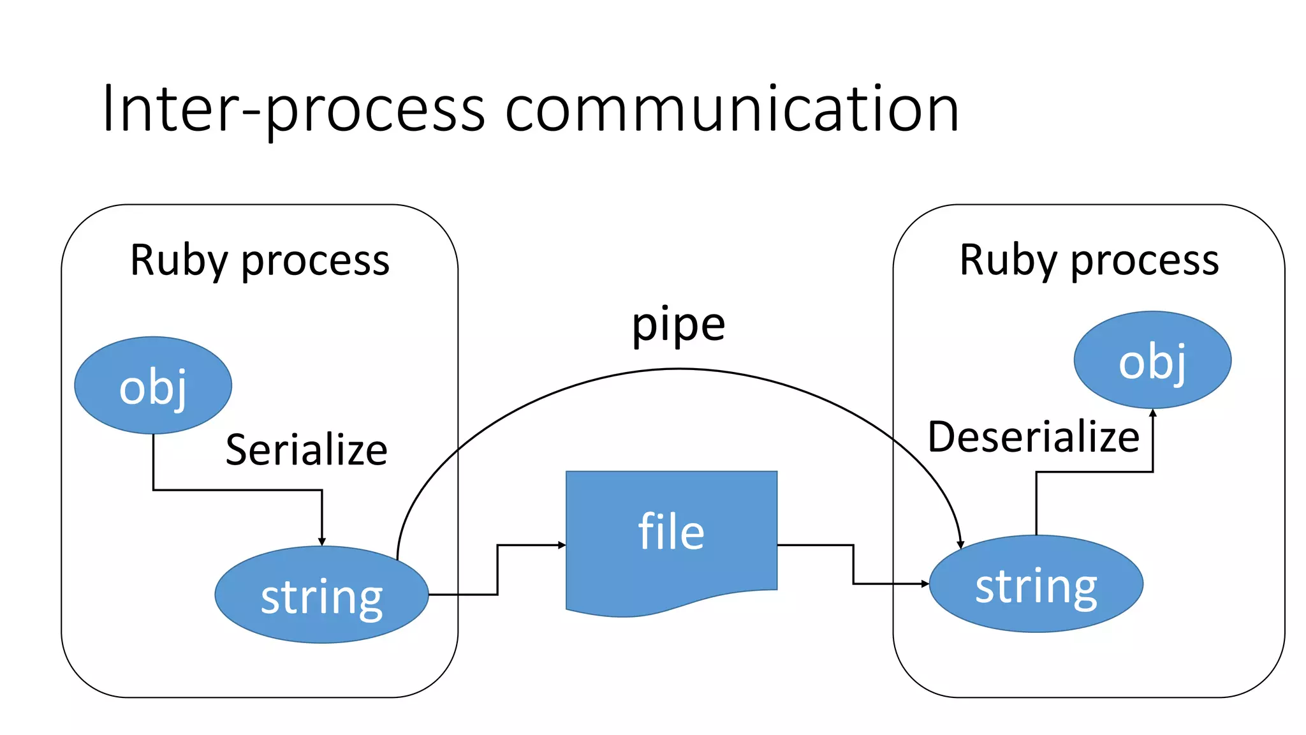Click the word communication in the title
point(731,110)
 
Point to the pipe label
point(678,325)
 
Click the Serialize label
point(306,450)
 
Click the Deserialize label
point(1033,438)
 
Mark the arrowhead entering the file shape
point(562,545)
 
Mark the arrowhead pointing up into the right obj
point(1153,413)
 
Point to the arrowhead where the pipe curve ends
point(960,544)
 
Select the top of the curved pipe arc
point(679,369)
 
